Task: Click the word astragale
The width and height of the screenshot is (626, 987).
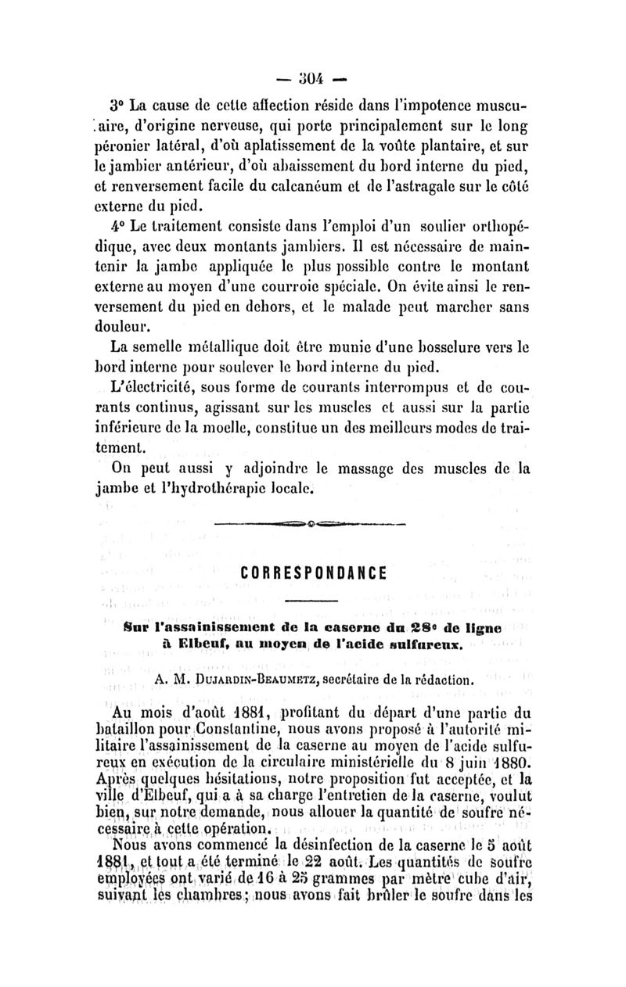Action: coord(402,188)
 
